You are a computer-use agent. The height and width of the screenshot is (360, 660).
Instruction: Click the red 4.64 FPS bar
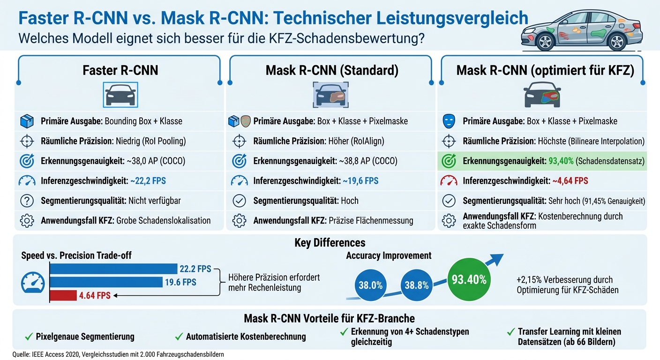[x=63, y=295]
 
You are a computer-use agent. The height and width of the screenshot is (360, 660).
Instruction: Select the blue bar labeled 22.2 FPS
[x=112, y=269]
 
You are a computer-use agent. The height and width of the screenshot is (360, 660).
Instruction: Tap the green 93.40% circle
[x=469, y=280]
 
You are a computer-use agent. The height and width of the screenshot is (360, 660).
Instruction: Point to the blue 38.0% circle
[x=370, y=285]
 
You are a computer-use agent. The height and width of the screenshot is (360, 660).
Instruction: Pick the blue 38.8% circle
[x=417, y=285]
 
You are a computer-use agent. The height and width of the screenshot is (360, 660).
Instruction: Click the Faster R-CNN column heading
[x=120, y=70]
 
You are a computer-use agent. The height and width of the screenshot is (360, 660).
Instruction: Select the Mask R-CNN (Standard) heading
[x=332, y=70]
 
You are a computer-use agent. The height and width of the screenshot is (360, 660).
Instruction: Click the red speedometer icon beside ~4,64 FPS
[x=449, y=180]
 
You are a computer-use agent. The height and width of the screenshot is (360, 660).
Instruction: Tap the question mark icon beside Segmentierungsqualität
[x=27, y=201]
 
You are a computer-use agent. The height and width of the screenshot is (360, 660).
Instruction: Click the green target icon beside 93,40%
[x=449, y=161]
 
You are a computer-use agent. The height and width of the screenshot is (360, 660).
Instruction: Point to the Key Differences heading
[x=330, y=242]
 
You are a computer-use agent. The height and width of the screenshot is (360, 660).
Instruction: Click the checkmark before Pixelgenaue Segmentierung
[x=28, y=336]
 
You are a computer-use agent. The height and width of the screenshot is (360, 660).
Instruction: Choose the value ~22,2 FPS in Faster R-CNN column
[x=149, y=180]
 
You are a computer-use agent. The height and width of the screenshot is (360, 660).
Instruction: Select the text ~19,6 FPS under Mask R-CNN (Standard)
[x=360, y=180]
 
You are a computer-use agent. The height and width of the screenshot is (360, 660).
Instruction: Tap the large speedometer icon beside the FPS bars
[x=33, y=283]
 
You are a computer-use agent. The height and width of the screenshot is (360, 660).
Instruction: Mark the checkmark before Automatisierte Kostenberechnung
[x=179, y=336]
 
